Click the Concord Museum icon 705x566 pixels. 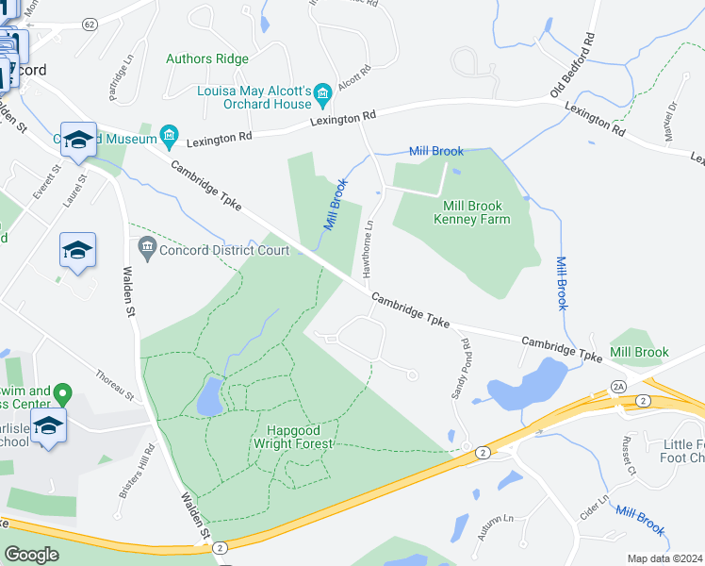[x=170, y=137]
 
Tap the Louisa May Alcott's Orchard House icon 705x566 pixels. [x=323, y=92]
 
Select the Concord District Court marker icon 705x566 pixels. [x=146, y=250]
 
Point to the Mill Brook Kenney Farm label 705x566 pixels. [x=471, y=212]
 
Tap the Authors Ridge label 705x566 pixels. [x=207, y=58]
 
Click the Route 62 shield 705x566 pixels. [x=90, y=23]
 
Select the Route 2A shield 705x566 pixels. [x=618, y=386]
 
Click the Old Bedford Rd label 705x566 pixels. [x=574, y=65]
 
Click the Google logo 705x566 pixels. [x=32, y=554]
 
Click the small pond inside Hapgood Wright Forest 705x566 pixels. [x=209, y=396]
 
